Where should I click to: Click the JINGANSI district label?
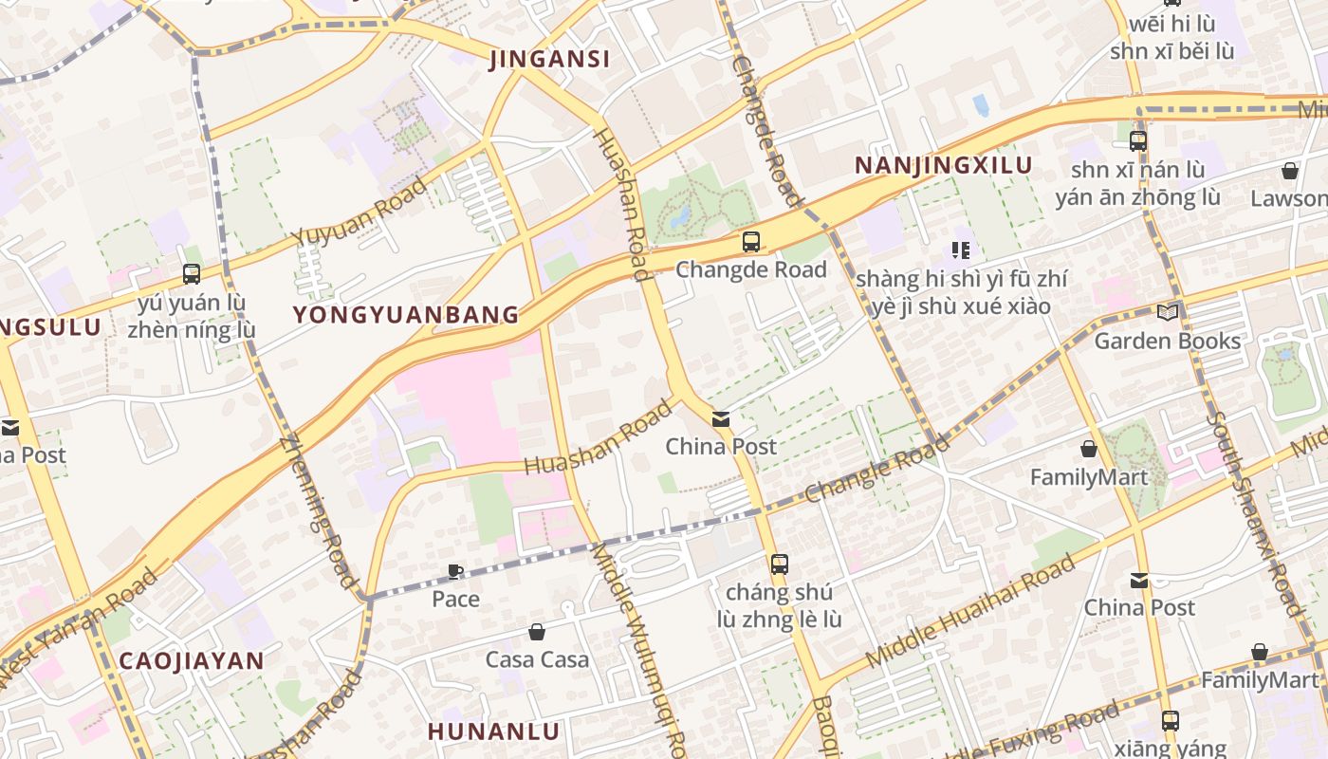[549, 59]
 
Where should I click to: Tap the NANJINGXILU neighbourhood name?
[943, 165]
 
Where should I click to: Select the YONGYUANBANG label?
[406, 314]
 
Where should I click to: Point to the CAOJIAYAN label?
[191, 661]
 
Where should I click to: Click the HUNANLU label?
[493, 731]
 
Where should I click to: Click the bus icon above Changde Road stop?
[751, 242]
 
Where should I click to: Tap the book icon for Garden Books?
[1168, 312]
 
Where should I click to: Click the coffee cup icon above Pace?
[455, 571]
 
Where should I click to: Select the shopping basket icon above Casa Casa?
[537, 632]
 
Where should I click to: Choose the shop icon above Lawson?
[1290, 171]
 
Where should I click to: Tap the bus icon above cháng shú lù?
[779, 565]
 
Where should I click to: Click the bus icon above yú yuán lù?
[192, 274]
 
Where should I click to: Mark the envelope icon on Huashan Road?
[721, 418]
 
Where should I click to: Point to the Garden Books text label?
[1167, 341]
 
